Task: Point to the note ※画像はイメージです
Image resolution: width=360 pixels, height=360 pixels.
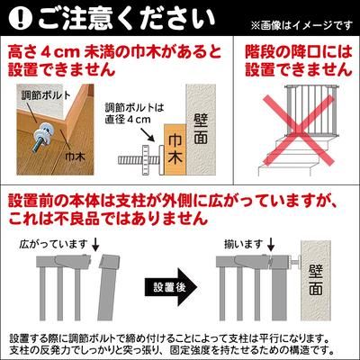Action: (x=309, y=23)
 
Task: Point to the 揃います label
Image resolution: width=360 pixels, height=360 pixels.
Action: (x=245, y=243)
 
